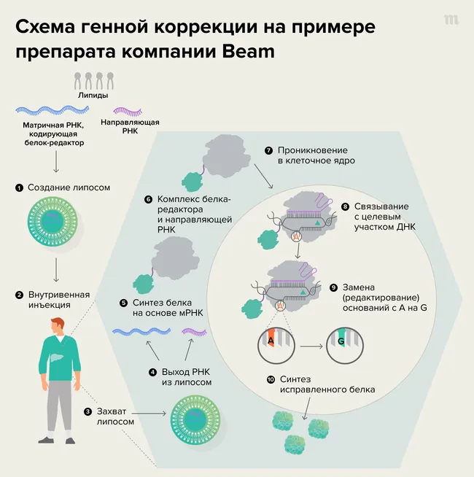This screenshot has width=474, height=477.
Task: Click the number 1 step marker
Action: coord(19,188)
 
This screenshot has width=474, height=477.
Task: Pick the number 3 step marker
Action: coord(88,412)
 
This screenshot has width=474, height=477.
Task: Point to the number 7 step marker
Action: coord(268,151)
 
